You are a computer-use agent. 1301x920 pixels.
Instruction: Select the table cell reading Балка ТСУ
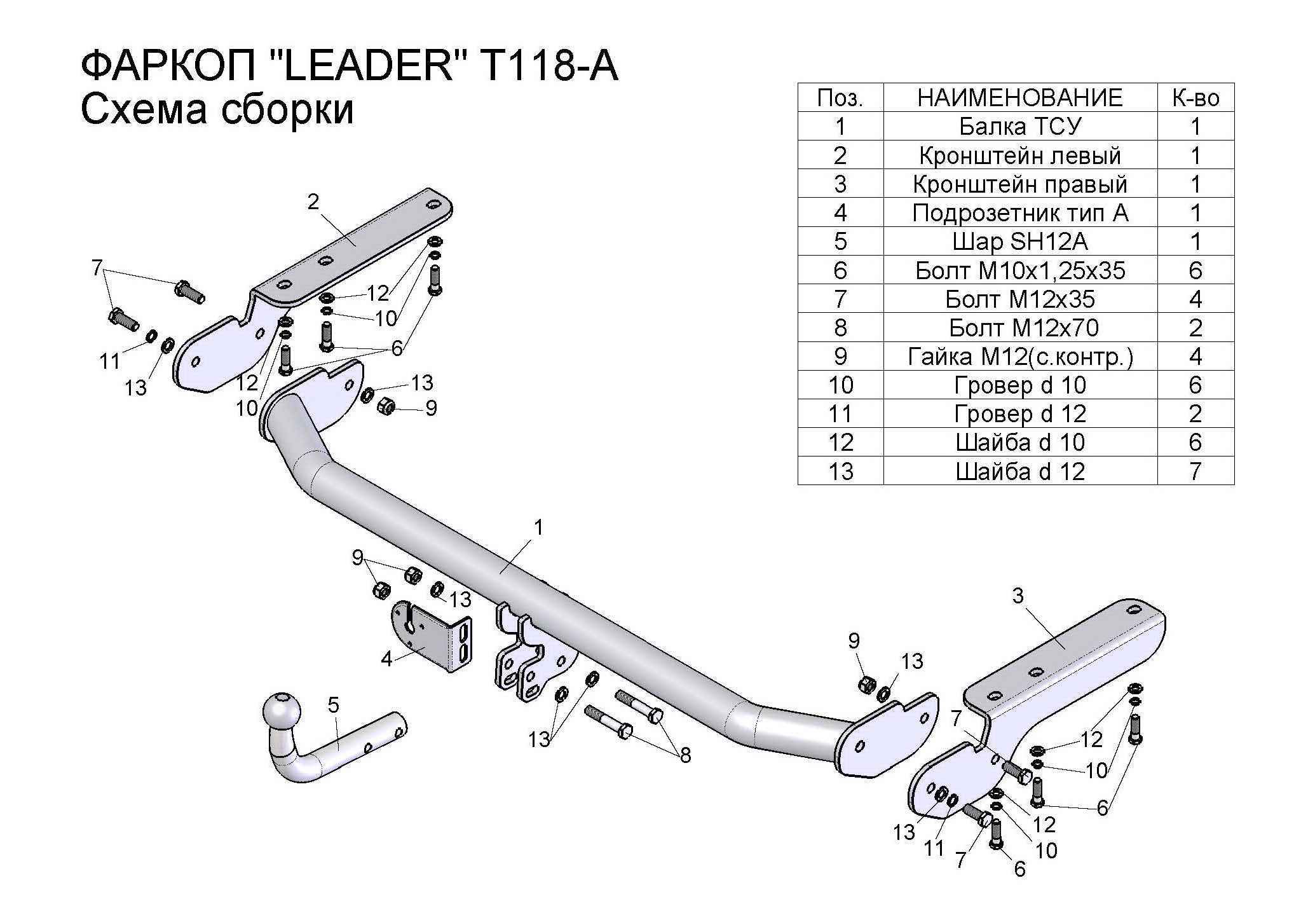1019,127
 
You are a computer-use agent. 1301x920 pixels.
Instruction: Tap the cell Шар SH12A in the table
1019,242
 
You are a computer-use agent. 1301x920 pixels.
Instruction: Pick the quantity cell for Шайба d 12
1195,471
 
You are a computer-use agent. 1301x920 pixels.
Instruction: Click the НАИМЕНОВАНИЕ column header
1019,98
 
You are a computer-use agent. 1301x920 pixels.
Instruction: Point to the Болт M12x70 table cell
1019,327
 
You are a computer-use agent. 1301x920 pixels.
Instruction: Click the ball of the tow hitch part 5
280,710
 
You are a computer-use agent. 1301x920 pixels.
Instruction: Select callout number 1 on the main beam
538,528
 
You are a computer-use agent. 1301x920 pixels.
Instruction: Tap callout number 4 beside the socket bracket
386,659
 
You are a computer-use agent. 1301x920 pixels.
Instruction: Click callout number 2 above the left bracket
313,202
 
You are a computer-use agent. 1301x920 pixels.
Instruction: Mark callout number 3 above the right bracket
1018,596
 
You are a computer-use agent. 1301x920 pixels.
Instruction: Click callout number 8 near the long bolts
685,755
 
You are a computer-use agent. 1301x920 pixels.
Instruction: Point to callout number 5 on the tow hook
333,704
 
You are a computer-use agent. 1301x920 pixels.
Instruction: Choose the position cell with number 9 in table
840,356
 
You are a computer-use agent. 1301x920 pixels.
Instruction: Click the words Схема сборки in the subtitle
217,109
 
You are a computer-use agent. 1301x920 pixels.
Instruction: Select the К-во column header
1195,98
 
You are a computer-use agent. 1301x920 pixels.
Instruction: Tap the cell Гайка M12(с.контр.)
1019,356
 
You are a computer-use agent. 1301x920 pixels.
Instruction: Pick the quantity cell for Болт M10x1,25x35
1195,270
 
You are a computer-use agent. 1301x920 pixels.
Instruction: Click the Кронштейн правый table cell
1019,184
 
